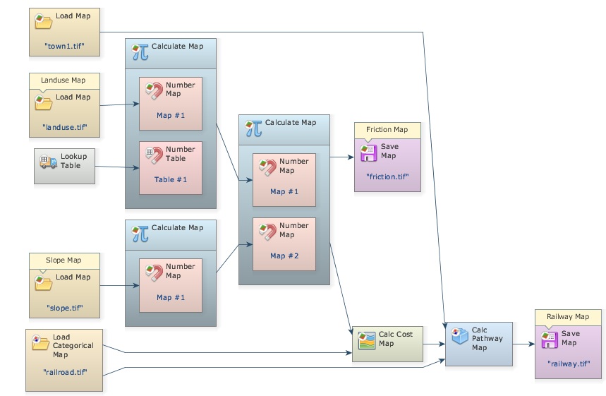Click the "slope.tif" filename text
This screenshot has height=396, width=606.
64,308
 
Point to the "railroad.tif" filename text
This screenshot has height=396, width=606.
64,371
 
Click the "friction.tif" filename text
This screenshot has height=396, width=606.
387,176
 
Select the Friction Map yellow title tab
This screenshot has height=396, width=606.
387,130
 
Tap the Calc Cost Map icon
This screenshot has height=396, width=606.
365,340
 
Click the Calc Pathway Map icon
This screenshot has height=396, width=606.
459,334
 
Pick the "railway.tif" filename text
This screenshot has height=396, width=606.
568,364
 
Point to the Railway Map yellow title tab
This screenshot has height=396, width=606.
568,317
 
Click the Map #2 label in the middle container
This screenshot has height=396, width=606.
284,256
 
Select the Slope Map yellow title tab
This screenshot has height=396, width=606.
63,260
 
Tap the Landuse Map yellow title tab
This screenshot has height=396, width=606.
63,80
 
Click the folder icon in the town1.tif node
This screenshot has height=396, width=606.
44,21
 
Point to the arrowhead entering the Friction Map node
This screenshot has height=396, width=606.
351,157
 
